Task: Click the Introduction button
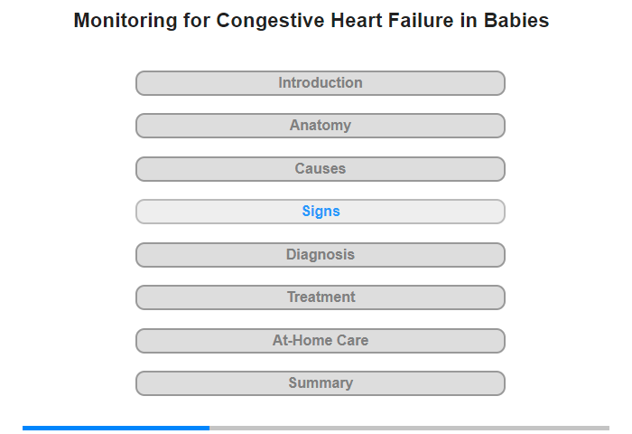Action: (x=321, y=83)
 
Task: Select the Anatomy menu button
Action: (x=321, y=126)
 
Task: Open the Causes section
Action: (x=321, y=169)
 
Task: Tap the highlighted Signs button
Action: (x=321, y=212)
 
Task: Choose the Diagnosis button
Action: (x=321, y=255)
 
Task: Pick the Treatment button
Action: (x=321, y=297)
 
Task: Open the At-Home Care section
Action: (x=321, y=341)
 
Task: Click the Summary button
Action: (x=321, y=383)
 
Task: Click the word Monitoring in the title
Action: (x=125, y=21)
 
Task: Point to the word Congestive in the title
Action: (x=270, y=21)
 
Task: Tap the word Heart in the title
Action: (x=357, y=20)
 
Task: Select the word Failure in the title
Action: (x=421, y=20)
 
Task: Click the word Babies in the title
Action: (x=516, y=20)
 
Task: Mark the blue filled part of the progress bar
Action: (x=116, y=428)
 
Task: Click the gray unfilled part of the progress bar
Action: (x=410, y=428)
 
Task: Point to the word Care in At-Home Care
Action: (x=353, y=340)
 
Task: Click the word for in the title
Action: (x=197, y=20)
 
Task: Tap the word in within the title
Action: (x=469, y=20)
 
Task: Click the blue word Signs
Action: (x=321, y=212)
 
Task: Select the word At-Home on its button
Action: (x=302, y=340)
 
